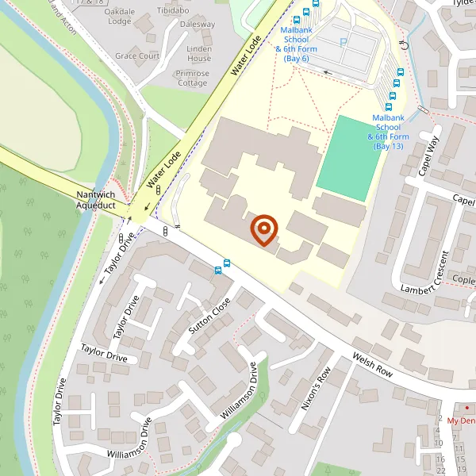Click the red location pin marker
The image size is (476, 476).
tap(263, 230)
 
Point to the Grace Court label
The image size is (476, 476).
tap(136, 56)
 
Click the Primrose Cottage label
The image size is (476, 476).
tap(193, 79)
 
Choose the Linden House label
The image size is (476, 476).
tap(198, 54)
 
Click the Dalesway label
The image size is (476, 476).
tap(198, 25)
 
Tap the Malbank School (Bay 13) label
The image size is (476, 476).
tap(388, 132)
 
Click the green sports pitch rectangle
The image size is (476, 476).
tap(350, 157)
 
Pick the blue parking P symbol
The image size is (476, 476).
tap(344, 43)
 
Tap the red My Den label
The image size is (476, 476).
tap(462, 420)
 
